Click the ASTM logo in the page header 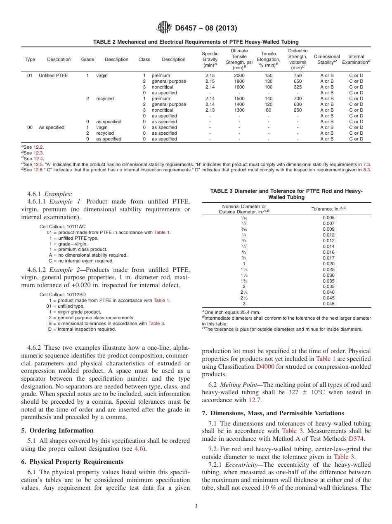coord(165,28)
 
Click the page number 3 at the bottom coord(196,506)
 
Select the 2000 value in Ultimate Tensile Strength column coord(239,75)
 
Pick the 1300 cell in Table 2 coord(239,110)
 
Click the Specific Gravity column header coord(210,59)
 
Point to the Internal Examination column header coord(356,59)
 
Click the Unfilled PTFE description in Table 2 coord(53,75)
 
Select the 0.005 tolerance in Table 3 coord(328,218)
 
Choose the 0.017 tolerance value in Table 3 coord(328,258)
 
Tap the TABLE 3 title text coord(286,194)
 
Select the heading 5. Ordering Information coord(57,430)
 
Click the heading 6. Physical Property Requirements coord(72,461)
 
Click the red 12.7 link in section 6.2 coord(254,400)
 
